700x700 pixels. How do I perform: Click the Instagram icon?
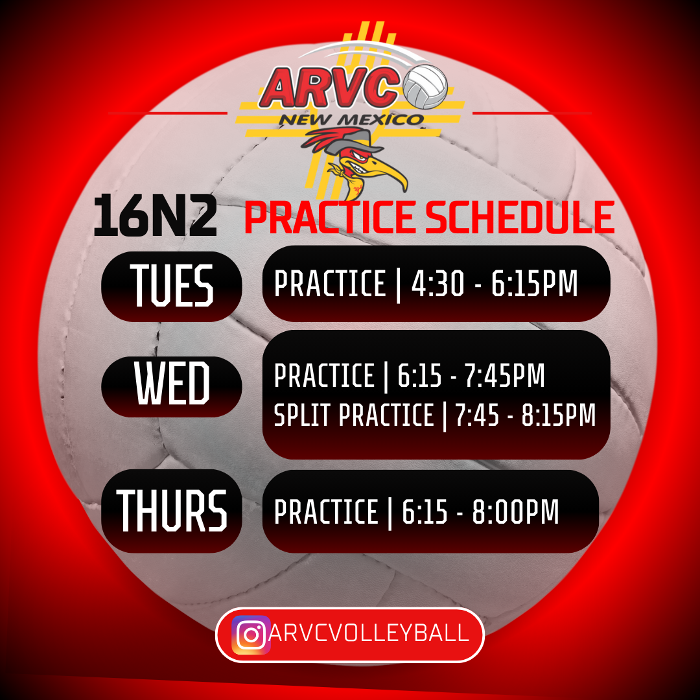pyautogui.click(x=251, y=635)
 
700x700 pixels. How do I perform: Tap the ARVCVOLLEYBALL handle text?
pyautogui.click(x=369, y=633)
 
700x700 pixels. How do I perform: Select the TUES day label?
pyautogui.click(x=172, y=285)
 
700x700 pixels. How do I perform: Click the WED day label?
pyautogui.click(x=172, y=383)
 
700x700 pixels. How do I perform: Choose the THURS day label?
pyautogui.click(x=172, y=510)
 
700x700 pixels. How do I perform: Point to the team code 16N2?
pyautogui.click(x=155, y=215)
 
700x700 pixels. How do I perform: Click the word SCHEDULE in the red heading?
pyautogui.click(x=520, y=217)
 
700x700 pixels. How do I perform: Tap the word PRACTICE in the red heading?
pyautogui.click(x=330, y=217)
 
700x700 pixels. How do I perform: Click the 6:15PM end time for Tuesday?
pyautogui.click(x=534, y=283)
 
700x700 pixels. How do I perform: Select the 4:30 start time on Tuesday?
pyautogui.click(x=438, y=283)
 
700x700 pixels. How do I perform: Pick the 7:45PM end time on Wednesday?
pyautogui.click(x=505, y=375)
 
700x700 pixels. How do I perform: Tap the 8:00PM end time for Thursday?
pyautogui.click(x=516, y=511)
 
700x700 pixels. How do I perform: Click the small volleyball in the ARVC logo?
pyautogui.click(x=425, y=87)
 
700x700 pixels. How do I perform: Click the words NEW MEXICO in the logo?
pyautogui.click(x=351, y=120)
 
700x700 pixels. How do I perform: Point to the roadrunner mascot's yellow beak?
pyautogui.click(x=391, y=174)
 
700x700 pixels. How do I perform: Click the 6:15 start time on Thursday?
pyautogui.click(x=425, y=511)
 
